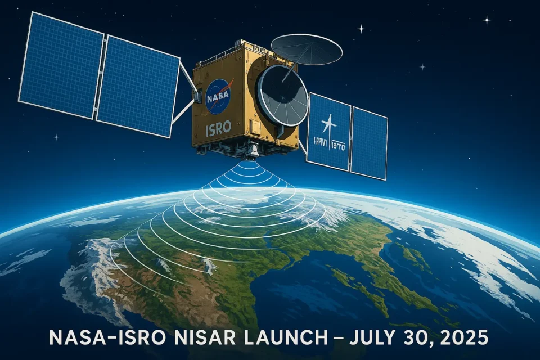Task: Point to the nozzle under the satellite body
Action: pos(254,150)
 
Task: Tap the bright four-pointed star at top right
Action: pos(486,20)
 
